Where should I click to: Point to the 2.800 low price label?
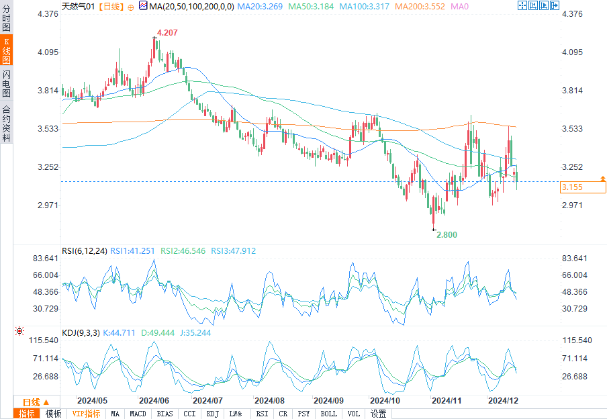coord(447,235)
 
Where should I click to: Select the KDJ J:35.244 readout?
coord(194,332)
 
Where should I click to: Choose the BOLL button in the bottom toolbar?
coord(329,414)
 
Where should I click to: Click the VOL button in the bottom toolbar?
coord(354,414)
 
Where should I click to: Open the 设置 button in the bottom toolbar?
coord(379,414)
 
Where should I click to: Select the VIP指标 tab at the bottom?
coord(86,414)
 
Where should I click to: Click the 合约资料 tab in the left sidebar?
coord(6,124)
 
